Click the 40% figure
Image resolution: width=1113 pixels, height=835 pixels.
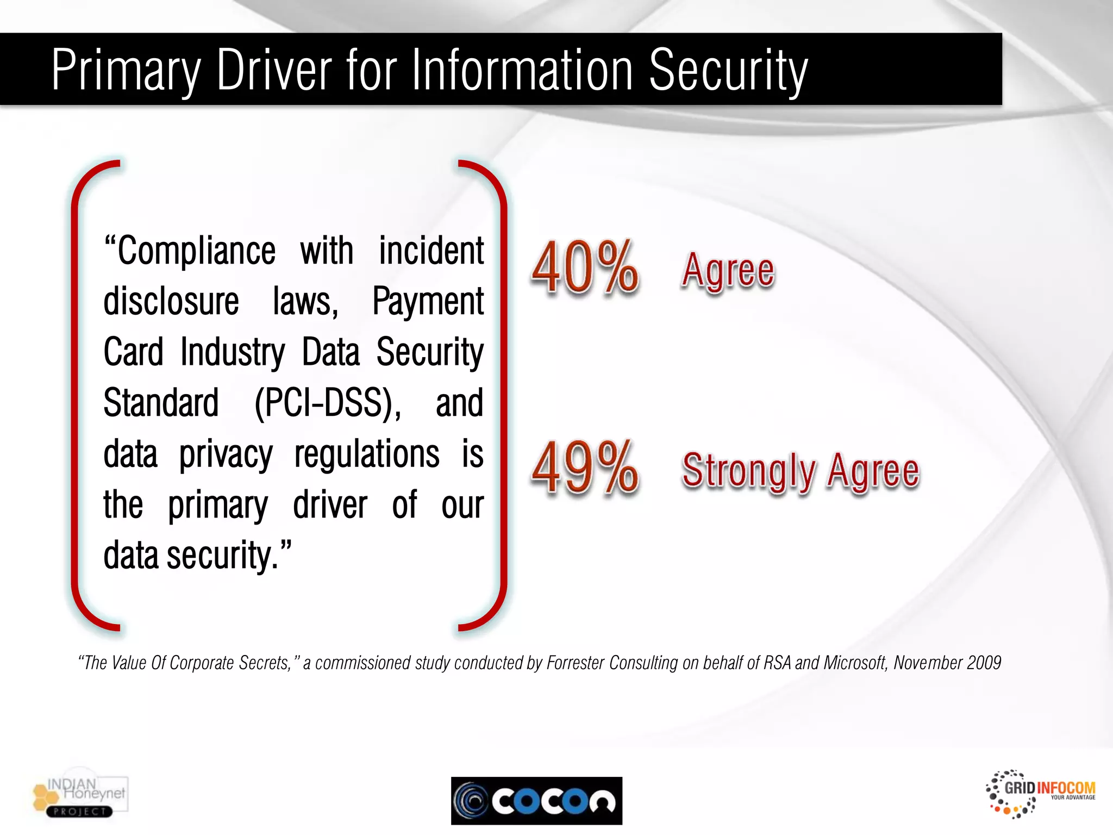pos(585,268)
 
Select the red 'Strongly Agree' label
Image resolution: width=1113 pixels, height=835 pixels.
pos(801,471)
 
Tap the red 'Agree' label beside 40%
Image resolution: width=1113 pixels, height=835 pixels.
pos(728,270)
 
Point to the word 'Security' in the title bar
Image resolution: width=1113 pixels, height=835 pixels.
pos(728,71)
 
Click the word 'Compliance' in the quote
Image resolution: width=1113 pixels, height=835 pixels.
pos(196,251)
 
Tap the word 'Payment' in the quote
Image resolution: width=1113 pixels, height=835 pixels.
pos(428,302)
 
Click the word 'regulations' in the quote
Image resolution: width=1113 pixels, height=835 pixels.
pos(367,454)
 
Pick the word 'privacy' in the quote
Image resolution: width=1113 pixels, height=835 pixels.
pos(226,456)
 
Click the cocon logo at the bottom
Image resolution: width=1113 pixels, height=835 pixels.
pos(536,800)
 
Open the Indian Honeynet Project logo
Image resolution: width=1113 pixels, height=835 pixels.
pos(80,796)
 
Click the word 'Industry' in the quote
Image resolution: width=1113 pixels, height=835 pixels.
pos(233,353)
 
